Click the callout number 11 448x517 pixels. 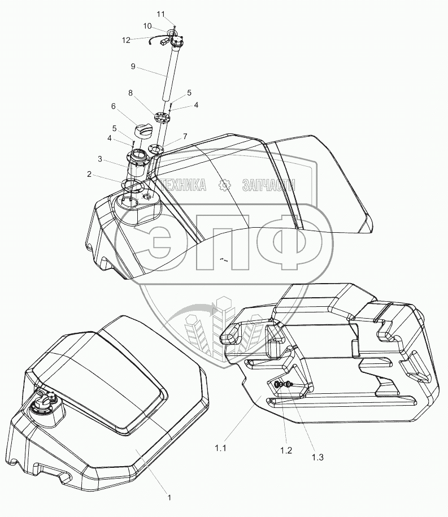(x=161, y=14)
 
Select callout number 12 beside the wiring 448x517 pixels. (x=126, y=40)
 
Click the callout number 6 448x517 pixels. (x=113, y=106)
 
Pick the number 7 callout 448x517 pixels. (x=185, y=136)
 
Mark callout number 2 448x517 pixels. (x=89, y=174)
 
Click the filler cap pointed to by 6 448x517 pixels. (x=143, y=131)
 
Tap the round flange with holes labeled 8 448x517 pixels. (x=161, y=120)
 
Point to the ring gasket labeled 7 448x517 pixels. (x=155, y=150)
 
